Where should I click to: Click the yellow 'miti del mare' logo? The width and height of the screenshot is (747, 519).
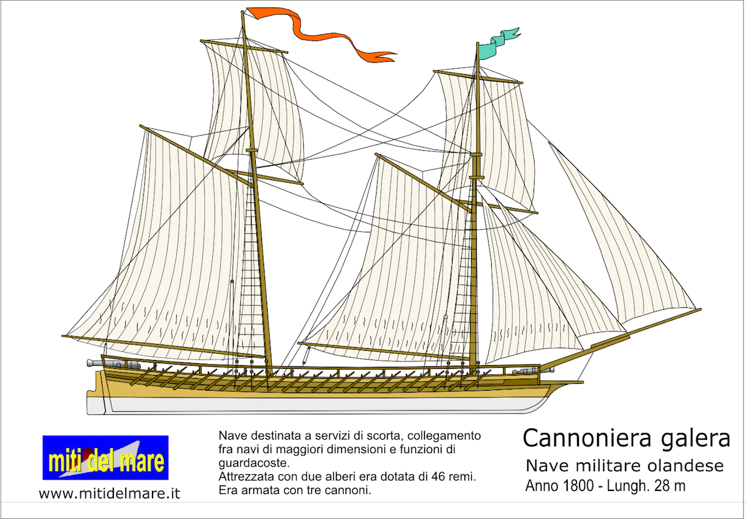(105, 457)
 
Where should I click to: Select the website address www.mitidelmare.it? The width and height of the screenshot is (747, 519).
(110, 493)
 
